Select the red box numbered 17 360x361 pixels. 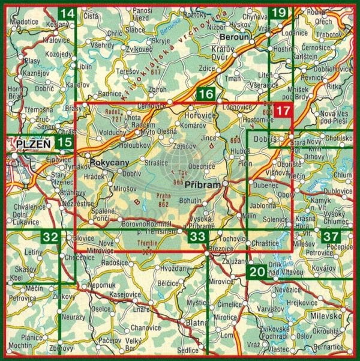point(283,111)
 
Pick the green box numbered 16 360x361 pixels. point(206,94)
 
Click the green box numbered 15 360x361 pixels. point(64,142)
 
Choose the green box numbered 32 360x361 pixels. point(51,237)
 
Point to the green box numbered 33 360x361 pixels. point(196,237)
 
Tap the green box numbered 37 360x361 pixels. point(329,237)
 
